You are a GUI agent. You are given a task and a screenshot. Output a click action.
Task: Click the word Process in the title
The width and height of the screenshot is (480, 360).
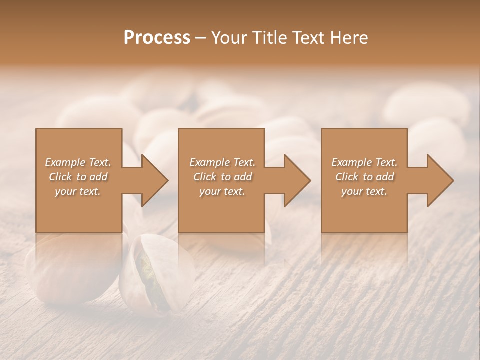click(157, 38)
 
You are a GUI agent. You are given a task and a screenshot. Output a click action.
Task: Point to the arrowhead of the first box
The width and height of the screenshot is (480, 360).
click(154, 180)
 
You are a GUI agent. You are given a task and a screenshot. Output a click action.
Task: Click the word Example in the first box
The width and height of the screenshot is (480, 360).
click(65, 162)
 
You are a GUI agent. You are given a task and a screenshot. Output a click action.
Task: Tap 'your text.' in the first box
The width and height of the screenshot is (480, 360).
click(78, 191)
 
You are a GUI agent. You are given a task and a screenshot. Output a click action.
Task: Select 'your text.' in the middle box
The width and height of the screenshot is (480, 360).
click(222, 191)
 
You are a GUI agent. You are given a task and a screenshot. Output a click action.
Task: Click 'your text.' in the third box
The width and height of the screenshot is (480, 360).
click(364, 191)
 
